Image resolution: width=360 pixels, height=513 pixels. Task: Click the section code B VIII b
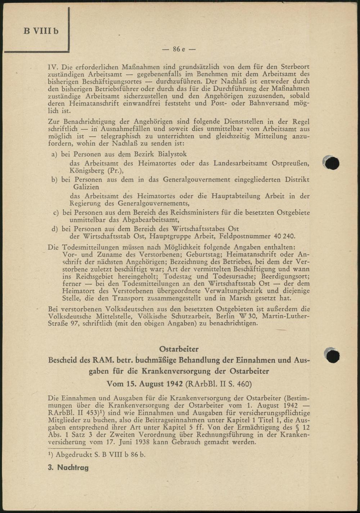point(41,31)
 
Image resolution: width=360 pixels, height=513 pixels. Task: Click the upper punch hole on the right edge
point(332,163)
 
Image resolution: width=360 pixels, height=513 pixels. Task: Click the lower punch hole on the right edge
point(332,355)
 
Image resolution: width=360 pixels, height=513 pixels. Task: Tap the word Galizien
point(86,187)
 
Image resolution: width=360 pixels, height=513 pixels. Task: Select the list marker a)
point(55,154)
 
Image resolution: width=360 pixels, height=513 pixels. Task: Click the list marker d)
point(55,229)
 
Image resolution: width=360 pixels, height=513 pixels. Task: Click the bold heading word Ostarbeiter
point(179,349)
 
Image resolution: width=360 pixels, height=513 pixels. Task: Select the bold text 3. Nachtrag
point(68,468)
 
